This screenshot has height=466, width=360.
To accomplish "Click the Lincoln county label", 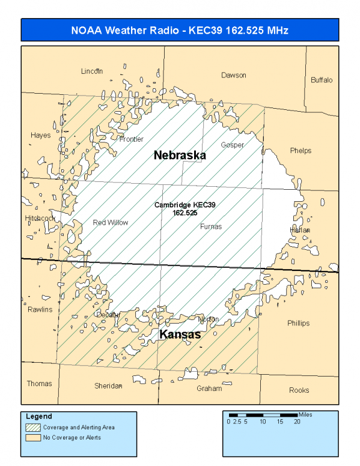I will tap(92, 71).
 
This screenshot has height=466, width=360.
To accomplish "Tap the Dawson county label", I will tap(234, 75).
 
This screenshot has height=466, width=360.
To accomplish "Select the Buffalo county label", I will tap(322, 80).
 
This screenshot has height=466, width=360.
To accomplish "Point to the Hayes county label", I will tap(40, 135).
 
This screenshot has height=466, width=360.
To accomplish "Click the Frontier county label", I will tap(131, 139).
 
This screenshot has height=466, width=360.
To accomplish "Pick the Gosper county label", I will tap(233, 145).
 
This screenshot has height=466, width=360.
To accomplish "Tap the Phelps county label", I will tap(301, 151).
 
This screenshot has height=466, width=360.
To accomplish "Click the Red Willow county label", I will tap(111, 223).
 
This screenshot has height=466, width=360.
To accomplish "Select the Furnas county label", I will tap(211, 226).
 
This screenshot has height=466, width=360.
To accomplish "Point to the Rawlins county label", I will tap(40, 309).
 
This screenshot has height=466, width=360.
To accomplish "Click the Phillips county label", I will tap(298, 323).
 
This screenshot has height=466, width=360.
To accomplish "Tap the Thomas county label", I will tap(39, 383).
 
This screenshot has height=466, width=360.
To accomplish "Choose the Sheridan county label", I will tap(109, 386).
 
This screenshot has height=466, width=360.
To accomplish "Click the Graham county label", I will tap(209, 389).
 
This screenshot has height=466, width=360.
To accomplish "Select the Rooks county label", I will tap(299, 390).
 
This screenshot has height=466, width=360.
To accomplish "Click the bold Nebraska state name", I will tap(180, 155).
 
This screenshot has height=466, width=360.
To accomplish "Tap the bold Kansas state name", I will tap(180, 334).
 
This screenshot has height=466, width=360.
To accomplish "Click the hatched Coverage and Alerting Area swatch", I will tap(33, 428).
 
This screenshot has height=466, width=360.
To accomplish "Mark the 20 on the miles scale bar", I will tap(297, 422).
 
